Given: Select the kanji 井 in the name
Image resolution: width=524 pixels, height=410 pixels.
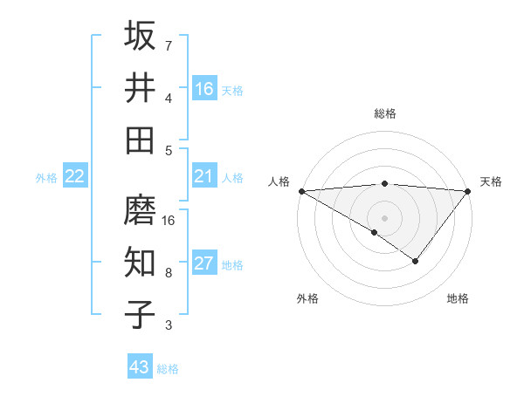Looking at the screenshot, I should [x=141, y=87].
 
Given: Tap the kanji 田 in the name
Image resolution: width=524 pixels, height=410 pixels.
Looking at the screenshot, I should [x=141, y=140].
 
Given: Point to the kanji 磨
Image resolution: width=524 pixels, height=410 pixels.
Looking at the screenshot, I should [x=141, y=209].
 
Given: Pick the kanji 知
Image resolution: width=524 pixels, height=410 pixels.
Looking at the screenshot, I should [x=141, y=262].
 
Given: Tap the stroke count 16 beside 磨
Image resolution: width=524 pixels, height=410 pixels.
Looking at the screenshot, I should [x=169, y=221].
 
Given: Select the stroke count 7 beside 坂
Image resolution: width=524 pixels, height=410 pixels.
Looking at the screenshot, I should [x=169, y=46].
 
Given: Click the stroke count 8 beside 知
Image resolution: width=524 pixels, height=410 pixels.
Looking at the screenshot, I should [x=169, y=273].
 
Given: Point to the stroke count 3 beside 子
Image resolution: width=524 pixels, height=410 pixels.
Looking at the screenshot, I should [x=169, y=325].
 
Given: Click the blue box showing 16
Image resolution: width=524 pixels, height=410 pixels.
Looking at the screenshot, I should [x=204, y=88].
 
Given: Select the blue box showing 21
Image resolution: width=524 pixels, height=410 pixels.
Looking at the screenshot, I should [x=204, y=176].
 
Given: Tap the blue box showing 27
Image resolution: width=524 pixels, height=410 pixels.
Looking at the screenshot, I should [x=204, y=263].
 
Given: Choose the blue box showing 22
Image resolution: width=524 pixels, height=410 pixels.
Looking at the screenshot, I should [x=75, y=176].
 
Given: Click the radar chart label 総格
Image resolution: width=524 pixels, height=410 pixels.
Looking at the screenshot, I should [x=385, y=113].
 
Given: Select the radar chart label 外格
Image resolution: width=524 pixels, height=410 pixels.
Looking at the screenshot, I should [x=307, y=298].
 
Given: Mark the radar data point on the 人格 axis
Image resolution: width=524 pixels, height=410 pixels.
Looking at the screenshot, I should [x=300, y=191].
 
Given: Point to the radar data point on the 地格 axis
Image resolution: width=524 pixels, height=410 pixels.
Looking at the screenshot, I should [x=416, y=261].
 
